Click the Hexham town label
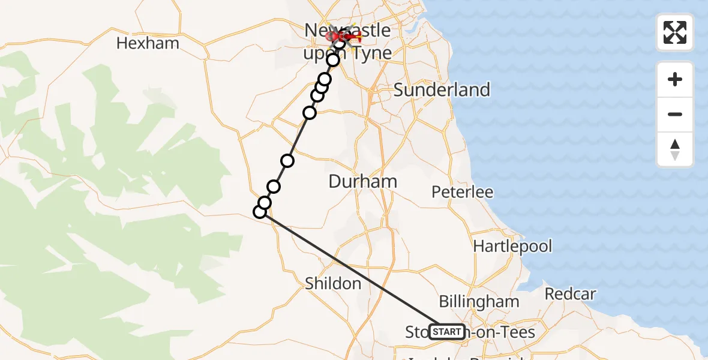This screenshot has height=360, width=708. coord(148,43)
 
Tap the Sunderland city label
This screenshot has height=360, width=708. coord(442,90)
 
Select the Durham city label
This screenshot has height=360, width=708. coord(363,181)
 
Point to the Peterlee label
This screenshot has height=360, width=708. coord(463,192)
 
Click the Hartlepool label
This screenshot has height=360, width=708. coord(512,246)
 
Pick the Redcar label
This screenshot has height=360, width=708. coord(571,294)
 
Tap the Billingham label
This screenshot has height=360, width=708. coord(479,301)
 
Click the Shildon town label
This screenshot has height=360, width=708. coord(333,283)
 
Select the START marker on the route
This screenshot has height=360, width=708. coord(447,332)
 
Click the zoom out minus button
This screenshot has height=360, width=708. coord(675,115)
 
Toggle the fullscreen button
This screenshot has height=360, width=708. coord(675,32)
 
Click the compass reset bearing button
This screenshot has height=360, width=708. coord(675,149)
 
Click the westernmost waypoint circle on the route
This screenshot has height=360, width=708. coord(260,211)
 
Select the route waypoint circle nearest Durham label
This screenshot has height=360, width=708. coord(287,160)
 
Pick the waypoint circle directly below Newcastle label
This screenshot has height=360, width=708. coord(333,60)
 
